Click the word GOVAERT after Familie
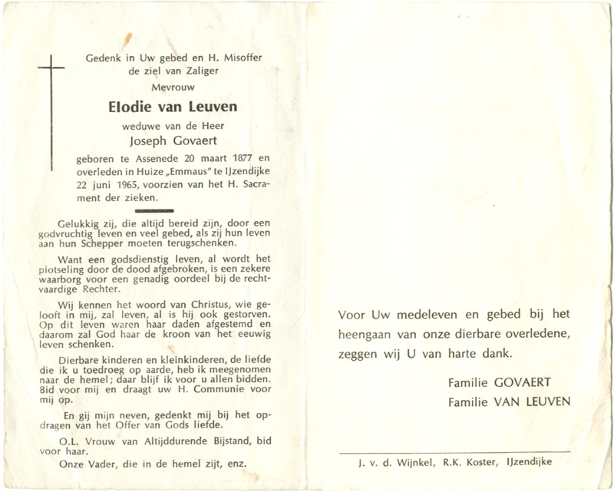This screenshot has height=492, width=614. point(525,382)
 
